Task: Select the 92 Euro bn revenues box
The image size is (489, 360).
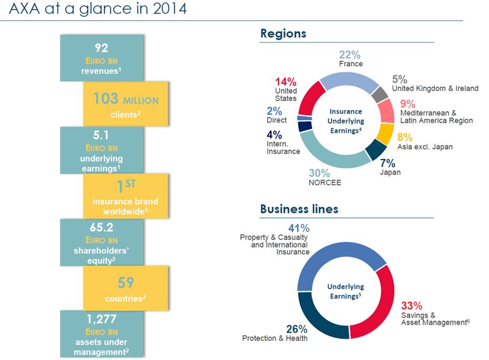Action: (x=102, y=58)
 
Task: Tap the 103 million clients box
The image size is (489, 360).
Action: (x=125, y=104)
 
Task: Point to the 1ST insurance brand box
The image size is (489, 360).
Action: (x=125, y=196)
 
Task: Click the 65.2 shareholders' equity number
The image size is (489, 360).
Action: (x=101, y=228)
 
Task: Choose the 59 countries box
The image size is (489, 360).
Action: (x=125, y=288)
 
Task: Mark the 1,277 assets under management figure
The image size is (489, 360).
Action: (x=102, y=319)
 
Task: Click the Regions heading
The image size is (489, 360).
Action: (x=283, y=34)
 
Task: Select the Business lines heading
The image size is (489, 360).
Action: (x=299, y=209)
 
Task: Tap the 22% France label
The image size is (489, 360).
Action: (x=350, y=58)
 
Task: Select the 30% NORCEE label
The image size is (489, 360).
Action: (x=324, y=177)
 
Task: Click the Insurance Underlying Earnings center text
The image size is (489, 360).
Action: (x=345, y=121)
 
